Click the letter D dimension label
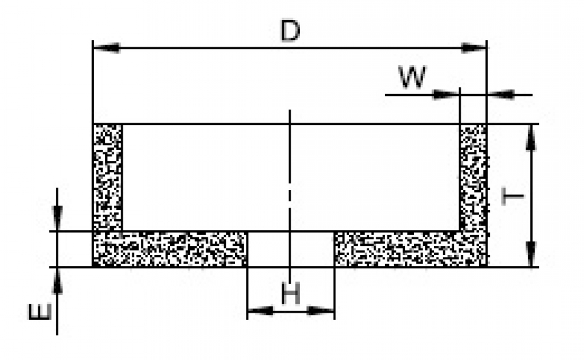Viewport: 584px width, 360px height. click(289, 32)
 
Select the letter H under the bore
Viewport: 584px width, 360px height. click(291, 296)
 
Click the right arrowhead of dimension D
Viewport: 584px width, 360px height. click(473, 48)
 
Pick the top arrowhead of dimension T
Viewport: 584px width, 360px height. click(531, 137)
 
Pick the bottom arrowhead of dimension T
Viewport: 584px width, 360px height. click(531, 254)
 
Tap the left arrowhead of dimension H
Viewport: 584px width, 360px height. click(260, 311)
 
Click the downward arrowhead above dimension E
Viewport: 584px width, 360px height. click(58, 217)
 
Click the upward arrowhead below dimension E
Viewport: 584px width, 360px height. click(58, 280)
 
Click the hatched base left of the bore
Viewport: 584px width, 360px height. click(170, 248)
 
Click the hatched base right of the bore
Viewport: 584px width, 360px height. click(409, 248)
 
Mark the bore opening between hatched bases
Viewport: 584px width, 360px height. click(290, 248)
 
